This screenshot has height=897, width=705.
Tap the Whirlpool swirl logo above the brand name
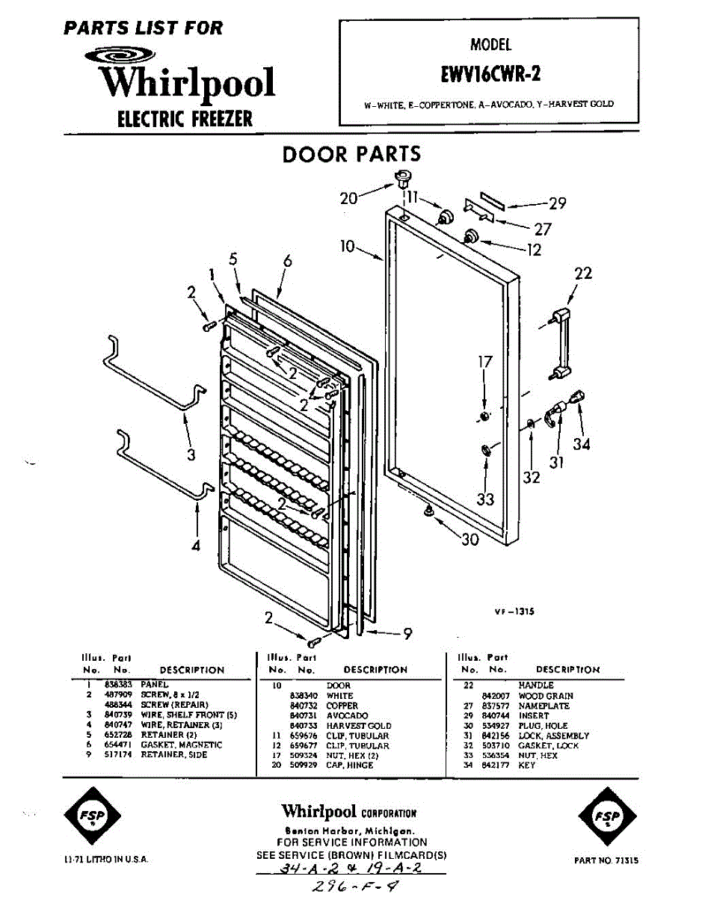coord(120,56)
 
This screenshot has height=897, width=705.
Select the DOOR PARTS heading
coord(351,155)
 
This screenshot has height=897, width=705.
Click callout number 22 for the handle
coord(582,274)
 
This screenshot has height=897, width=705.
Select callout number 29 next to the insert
coord(557,203)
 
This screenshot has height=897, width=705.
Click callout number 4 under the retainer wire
coord(196,546)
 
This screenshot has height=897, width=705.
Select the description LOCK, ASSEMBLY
coord(553,736)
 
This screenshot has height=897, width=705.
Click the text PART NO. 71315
coord(606,860)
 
